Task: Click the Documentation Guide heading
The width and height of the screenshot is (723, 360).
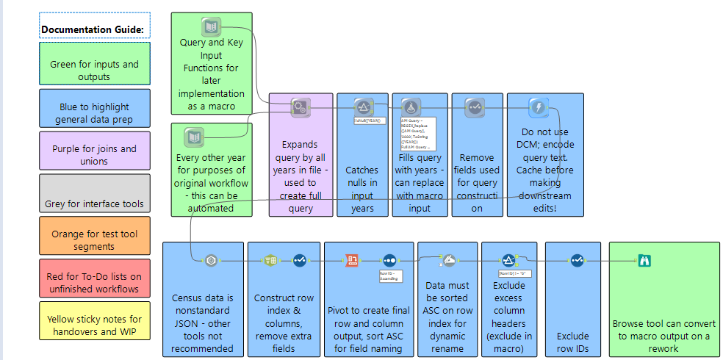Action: (x=93, y=29)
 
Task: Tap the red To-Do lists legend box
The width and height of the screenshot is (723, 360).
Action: (x=94, y=278)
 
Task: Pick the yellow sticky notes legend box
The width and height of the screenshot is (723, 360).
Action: (x=94, y=320)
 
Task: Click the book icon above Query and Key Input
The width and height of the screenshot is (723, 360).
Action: (x=211, y=27)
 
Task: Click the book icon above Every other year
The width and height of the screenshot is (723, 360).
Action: (x=193, y=137)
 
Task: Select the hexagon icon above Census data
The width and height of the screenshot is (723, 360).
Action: (x=211, y=260)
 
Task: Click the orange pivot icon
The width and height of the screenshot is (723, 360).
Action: (x=352, y=260)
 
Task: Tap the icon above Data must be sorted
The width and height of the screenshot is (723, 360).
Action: (x=450, y=260)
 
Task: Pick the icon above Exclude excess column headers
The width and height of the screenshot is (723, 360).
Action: (x=508, y=260)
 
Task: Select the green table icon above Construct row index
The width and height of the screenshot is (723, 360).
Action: (x=270, y=260)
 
